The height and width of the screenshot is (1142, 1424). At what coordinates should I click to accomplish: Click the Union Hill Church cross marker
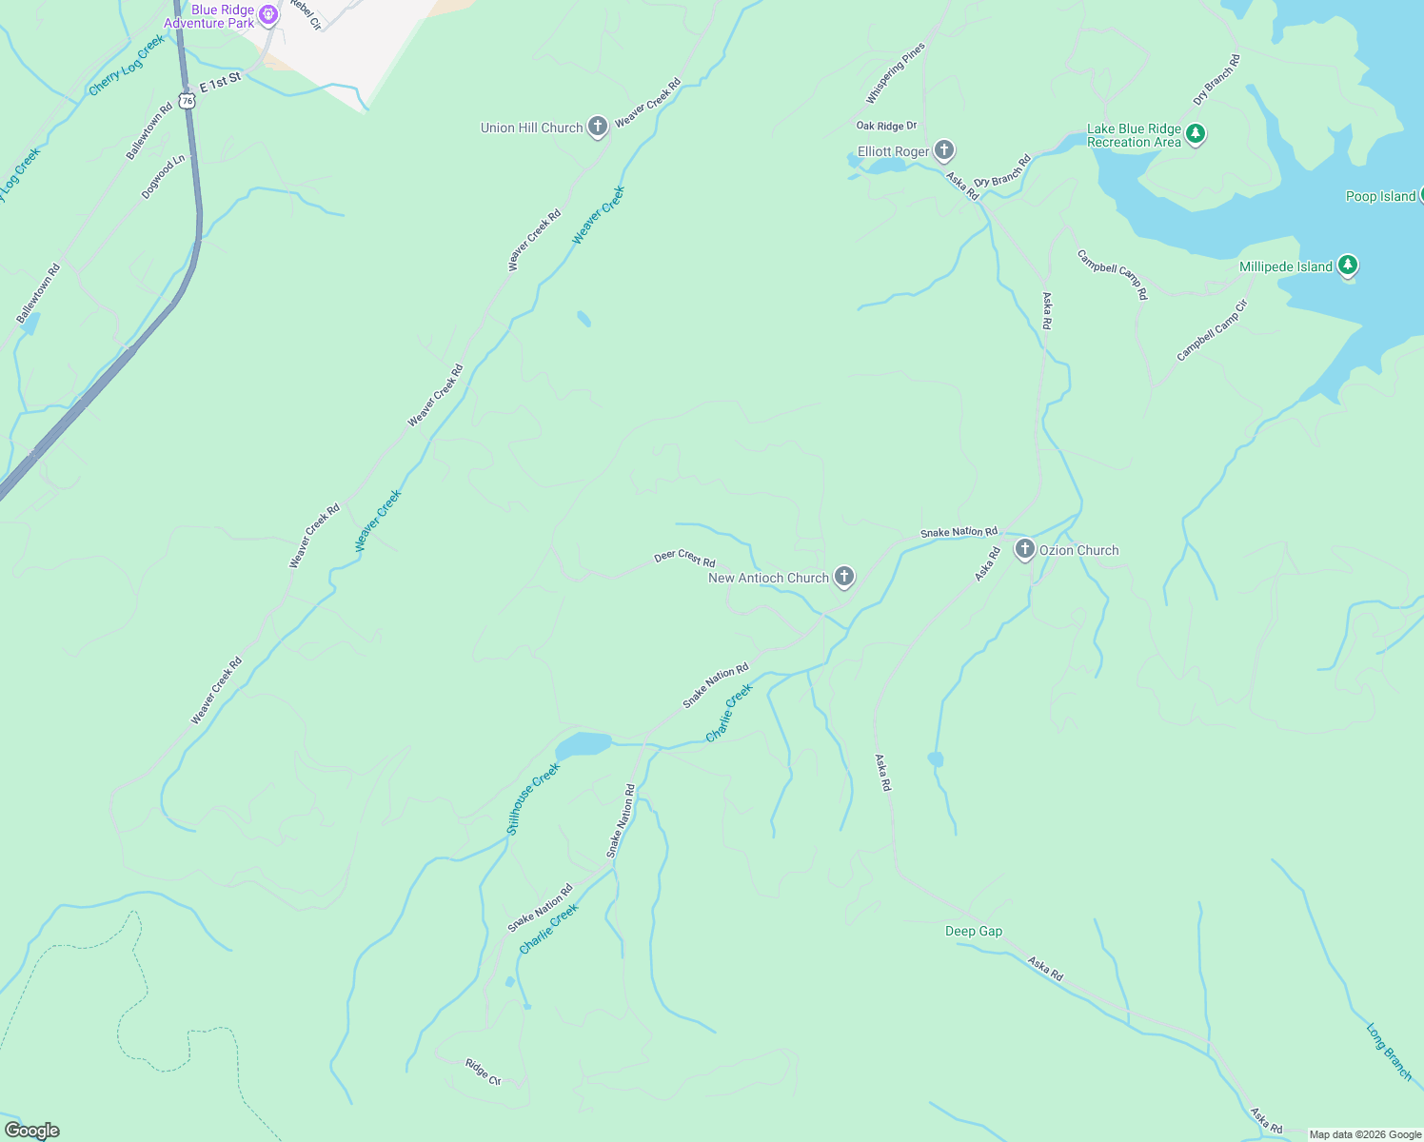click(598, 127)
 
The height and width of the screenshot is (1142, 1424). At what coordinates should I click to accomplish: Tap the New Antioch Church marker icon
click(843, 576)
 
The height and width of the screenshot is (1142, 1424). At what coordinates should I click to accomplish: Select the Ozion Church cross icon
click(1024, 549)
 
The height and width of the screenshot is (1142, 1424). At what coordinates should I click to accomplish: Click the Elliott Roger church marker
click(944, 150)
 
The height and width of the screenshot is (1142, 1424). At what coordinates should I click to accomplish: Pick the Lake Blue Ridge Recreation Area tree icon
click(1197, 134)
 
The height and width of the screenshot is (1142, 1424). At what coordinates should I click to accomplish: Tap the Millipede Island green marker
click(1347, 266)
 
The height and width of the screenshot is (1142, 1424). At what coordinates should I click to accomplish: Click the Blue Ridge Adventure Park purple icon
click(269, 14)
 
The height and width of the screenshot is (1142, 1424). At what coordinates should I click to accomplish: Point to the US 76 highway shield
click(188, 99)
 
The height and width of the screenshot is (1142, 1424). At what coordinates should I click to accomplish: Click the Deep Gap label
click(974, 931)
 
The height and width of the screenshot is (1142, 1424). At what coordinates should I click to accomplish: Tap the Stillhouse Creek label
click(533, 798)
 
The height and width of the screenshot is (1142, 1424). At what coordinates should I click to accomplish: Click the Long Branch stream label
click(1389, 1051)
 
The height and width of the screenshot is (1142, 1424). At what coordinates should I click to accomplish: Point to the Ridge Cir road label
click(483, 1072)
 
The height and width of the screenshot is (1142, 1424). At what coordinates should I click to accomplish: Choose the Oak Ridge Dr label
click(886, 126)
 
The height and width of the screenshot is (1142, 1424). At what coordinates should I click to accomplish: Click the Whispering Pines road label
click(895, 73)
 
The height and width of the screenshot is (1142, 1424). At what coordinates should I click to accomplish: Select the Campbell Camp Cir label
click(1212, 330)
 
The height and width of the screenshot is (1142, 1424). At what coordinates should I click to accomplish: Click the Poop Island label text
click(1380, 196)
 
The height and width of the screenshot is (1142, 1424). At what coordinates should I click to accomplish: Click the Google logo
click(32, 1131)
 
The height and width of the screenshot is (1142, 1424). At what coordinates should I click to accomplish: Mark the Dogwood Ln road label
click(162, 177)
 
